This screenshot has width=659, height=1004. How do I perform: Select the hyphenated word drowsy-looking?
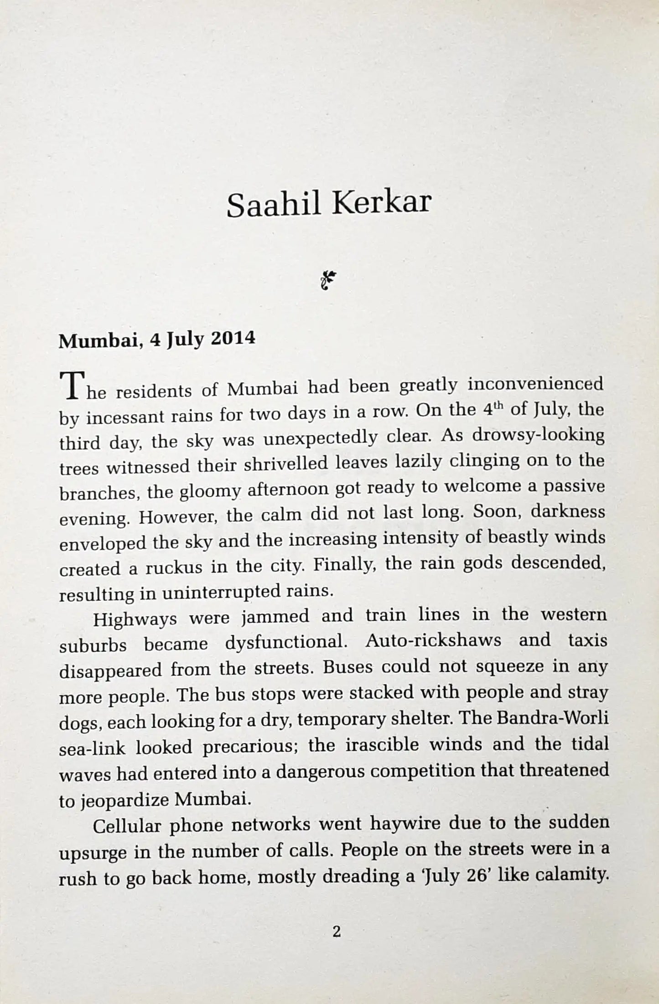pos(538,435)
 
